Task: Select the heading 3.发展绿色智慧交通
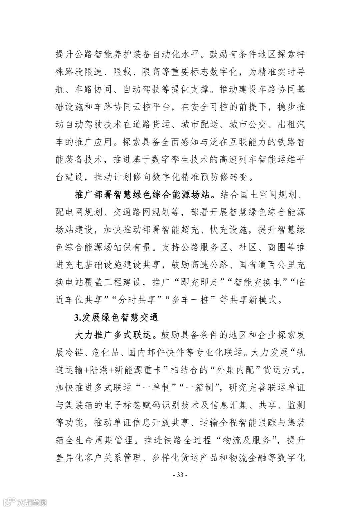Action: click(x=116, y=317)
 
